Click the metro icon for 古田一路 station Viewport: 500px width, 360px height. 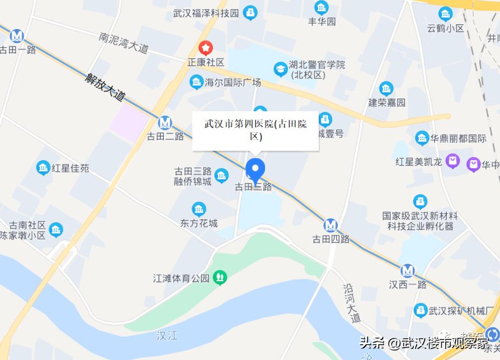pyautogui.click(x=17, y=36)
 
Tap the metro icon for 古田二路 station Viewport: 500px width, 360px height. pyautogui.click(x=165, y=122)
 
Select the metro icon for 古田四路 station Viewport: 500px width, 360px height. pyautogui.click(x=331, y=225)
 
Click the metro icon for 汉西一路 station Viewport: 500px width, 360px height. pyautogui.click(x=407, y=271)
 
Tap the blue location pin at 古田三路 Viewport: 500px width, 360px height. pyautogui.click(x=256, y=170)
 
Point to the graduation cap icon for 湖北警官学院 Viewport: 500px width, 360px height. pyautogui.click(x=280, y=69)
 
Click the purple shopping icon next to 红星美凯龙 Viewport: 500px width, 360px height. pyautogui.click(x=453, y=161)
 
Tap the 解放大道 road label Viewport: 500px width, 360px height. pyautogui.click(x=105, y=86)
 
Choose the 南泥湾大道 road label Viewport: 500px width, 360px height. pyautogui.click(x=124, y=43)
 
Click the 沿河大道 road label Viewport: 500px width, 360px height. pyautogui.click(x=351, y=303)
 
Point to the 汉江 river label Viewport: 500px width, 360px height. pyautogui.click(x=167, y=336)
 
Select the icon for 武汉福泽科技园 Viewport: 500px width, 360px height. pyautogui.click(x=251, y=12)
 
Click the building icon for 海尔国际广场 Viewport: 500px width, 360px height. pyautogui.click(x=197, y=82)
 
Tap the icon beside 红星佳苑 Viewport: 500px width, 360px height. pyautogui.click(x=43, y=168)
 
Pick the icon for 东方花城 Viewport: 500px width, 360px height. pyautogui.click(x=199, y=209)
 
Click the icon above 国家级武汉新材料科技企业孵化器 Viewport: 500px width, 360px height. pyautogui.click(x=420, y=201)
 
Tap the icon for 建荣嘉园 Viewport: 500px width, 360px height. pyautogui.click(x=386, y=88)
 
